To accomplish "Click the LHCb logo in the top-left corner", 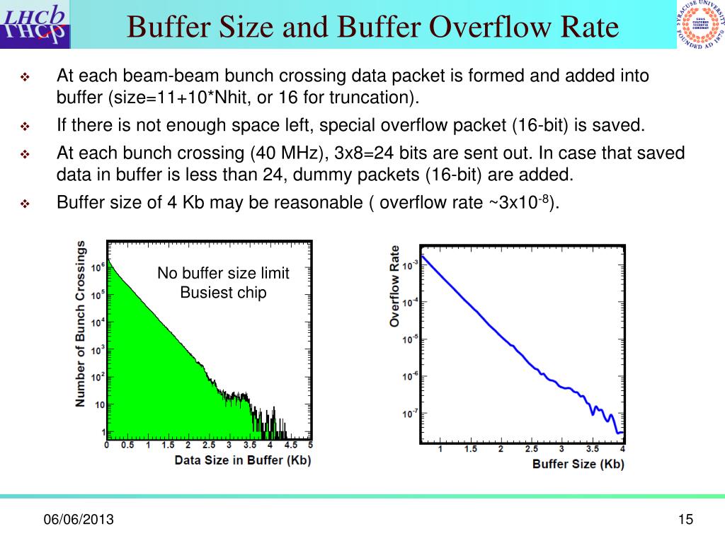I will pos(35,24).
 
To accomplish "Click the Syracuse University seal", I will pos(698,26).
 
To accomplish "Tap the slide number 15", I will pos(684,520).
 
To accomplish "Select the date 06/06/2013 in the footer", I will pos(79,521).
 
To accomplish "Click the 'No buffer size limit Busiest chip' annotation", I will pos(223,283).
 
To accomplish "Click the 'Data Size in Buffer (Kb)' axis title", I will pos(243,460).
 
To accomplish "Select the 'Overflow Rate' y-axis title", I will pos(394,286).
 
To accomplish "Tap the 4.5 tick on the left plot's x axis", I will pos(291,446).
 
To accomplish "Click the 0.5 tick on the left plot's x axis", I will pos(127,446).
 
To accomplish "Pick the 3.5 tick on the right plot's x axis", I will pos(592,450).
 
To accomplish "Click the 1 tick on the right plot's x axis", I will pos(440,450).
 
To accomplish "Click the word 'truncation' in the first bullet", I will pos(368,97).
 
